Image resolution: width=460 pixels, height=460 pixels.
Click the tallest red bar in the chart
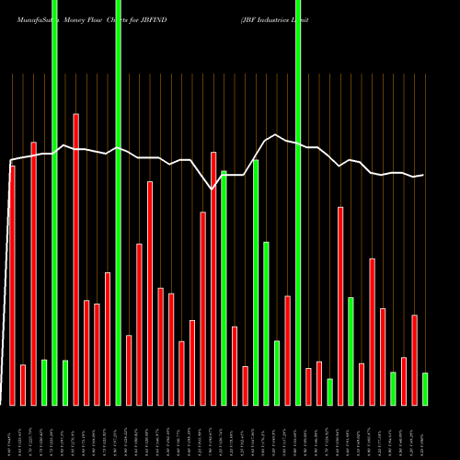click(x=75, y=258)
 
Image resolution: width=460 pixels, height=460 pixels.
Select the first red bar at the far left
click(x=12, y=285)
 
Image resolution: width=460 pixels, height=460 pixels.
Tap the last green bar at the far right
click(x=425, y=388)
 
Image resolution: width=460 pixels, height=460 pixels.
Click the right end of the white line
click(x=423, y=175)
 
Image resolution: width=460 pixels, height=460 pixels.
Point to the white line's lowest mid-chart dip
click(x=213, y=189)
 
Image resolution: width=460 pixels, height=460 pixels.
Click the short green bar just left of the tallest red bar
click(x=65, y=382)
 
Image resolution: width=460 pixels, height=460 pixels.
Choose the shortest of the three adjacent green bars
click(x=277, y=373)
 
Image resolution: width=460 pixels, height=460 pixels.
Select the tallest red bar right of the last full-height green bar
click(x=340, y=305)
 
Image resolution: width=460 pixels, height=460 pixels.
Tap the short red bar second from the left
click(x=23, y=385)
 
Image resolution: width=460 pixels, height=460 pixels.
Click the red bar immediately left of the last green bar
click(x=415, y=360)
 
